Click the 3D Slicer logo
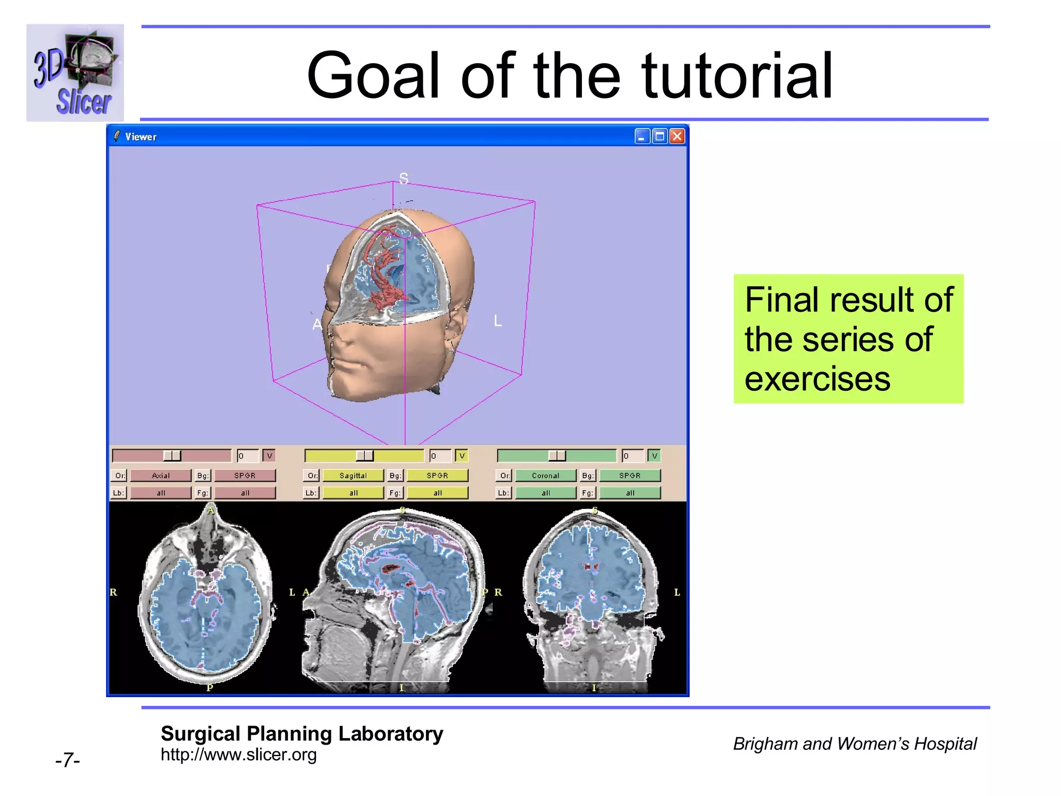pos(75,73)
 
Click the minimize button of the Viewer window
pos(642,137)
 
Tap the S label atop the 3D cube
pos(404,179)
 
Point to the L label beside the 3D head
pos(498,321)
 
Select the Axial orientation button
pos(161,475)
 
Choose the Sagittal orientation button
pos(353,475)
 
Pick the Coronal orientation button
pos(545,475)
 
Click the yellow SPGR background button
pos(437,475)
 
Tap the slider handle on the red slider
pos(172,456)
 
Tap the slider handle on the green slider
pos(557,456)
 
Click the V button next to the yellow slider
pos(462,456)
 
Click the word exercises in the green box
pos(817,379)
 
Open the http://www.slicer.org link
pos(238,755)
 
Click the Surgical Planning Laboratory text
pos(302,734)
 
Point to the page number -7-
pos(67,760)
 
